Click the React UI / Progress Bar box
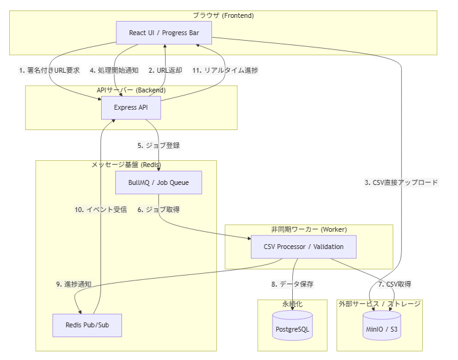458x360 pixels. [x=164, y=33]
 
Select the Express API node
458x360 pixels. [x=131, y=107]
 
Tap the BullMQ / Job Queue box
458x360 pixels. [x=158, y=182]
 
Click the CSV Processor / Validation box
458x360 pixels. [x=303, y=247]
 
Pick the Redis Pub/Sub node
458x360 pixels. [x=87, y=325]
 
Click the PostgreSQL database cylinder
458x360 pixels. [x=292, y=325]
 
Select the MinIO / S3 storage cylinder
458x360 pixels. [x=382, y=325]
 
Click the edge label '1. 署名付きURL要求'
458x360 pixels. [x=49, y=70]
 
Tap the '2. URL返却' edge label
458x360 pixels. [x=165, y=70]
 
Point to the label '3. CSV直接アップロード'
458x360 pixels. [x=401, y=182]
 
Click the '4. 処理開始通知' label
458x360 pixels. [x=114, y=70]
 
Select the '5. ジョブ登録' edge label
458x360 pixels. [x=158, y=145]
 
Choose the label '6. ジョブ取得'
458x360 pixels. [x=158, y=210]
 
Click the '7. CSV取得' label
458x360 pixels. [x=395, y=284]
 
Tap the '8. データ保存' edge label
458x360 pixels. [x=292, y=284]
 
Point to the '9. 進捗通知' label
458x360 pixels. [x=74, y=284]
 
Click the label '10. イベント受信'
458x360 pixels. [x=100, y=210]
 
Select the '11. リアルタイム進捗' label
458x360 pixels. [x=225, y=70]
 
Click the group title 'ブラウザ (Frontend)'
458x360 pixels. [x=223, y=15]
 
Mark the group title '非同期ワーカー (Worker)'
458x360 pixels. [x=309, y=229]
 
